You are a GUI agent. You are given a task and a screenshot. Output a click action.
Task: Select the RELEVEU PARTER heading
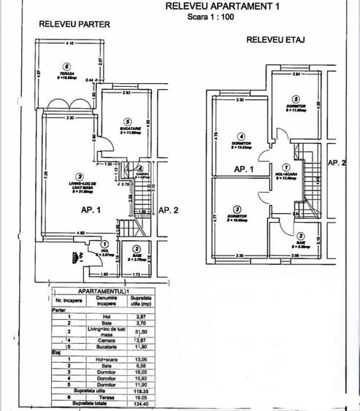click(x=74, y=23)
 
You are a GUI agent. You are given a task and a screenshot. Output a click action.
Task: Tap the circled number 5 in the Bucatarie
click(x=127, y=122)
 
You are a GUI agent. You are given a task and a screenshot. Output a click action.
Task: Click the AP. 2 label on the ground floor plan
click(x=169, y=210)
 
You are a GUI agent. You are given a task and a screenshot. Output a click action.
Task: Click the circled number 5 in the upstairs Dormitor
click(x=295, y=99)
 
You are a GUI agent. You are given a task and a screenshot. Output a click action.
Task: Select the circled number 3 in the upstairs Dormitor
click(x=238, y=208)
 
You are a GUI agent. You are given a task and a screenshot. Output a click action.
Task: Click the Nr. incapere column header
click(x=66, y=300)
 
